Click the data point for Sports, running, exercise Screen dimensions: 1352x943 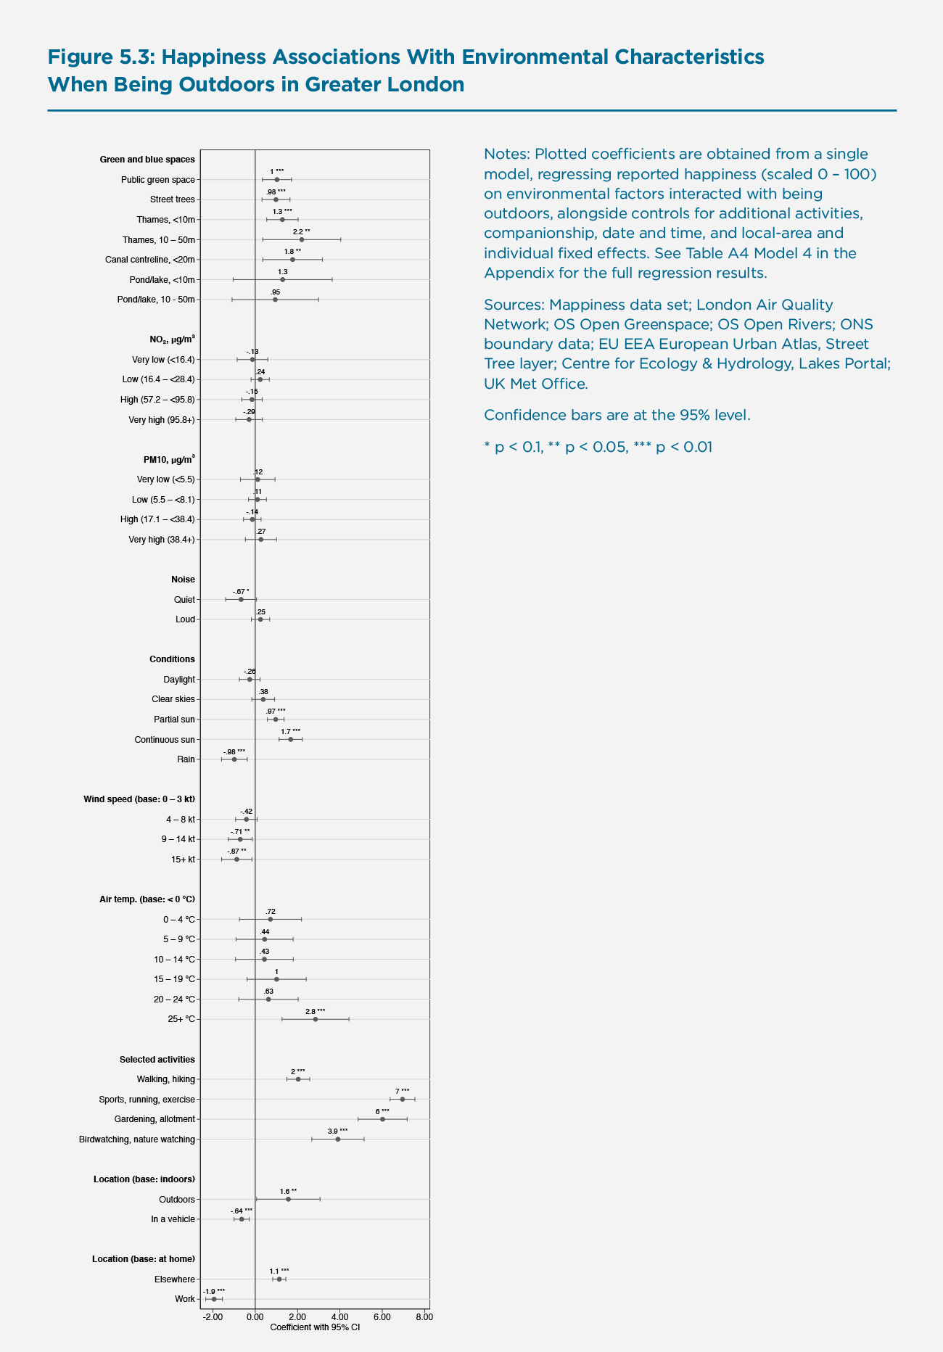(x=403, y=1099)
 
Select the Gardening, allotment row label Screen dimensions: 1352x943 (x=155, y=1119)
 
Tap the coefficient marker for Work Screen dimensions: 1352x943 (x=214, y=1299)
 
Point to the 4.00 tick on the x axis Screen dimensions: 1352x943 (x=339, y=1316)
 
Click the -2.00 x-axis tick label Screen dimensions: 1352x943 (x=213, y=1316)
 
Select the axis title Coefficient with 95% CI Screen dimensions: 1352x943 (x=315, y=1327)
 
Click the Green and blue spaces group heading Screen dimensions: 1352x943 (x=147, y=160)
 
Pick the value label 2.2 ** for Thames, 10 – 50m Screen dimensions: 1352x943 (x=301, y=231)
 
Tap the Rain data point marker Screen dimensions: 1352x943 (x=234, y=759)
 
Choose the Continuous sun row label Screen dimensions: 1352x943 (x=165, y=740)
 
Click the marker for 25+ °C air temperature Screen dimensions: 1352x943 (x=316, y=1019)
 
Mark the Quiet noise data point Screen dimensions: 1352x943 (x=241, y=599)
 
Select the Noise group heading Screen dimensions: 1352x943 (x=183, y=580)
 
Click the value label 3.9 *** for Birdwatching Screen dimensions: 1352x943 (x=337, y=1131)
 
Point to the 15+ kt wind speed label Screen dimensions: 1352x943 (x=183, y=860)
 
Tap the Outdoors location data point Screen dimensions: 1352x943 (x=288, y=1199)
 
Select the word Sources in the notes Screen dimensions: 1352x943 (x=512, y=305)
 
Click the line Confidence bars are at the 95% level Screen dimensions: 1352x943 (x=617, y=416)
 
